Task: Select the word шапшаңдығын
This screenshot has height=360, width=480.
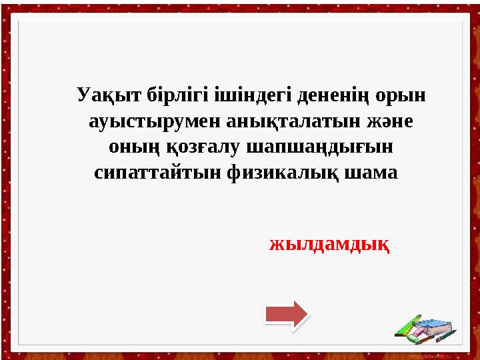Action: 318,147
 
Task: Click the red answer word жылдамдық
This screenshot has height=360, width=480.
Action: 330,244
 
